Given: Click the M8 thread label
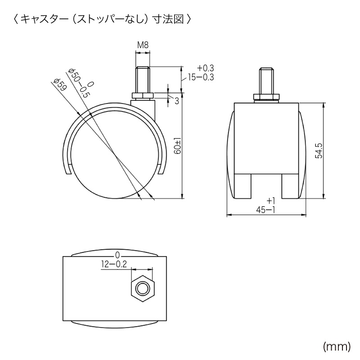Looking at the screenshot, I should point(143,45).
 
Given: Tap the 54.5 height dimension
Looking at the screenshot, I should point(319,150).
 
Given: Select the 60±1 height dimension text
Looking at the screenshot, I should point(178,146).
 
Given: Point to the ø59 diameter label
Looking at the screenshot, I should point(59,85).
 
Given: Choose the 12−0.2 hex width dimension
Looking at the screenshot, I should point(113,264).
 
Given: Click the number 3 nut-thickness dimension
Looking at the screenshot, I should point(176,101).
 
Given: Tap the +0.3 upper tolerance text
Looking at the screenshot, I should point(205,68).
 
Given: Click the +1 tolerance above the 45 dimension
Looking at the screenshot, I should point(270,201).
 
